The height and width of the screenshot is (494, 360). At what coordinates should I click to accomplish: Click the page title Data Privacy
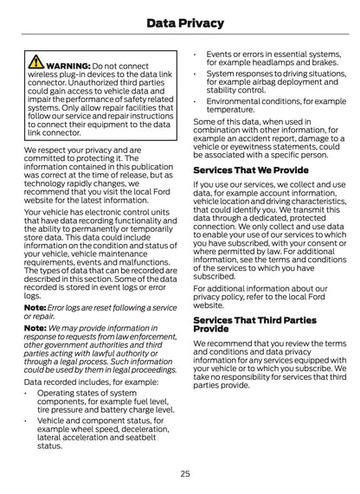tap(180, 23)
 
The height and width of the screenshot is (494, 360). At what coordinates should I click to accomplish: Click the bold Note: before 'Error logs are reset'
tap(35, 308)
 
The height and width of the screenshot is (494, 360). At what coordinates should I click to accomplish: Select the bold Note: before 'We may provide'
tap(35, 329)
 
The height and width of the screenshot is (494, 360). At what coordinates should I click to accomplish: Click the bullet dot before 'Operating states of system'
tap(28, 393)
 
